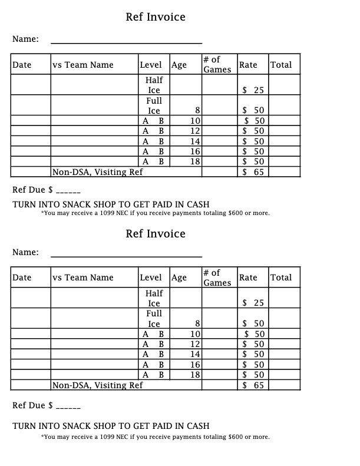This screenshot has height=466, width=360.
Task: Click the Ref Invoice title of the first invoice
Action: tap(156, 17)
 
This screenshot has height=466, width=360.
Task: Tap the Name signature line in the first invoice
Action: tap(126, 42)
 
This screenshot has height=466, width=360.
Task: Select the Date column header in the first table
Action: tap(22, 65)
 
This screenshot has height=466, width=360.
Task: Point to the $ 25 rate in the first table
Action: tap(253, 90)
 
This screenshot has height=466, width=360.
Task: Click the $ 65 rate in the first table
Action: tap(253, 172)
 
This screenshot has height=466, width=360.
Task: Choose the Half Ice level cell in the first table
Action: tap(154, 85)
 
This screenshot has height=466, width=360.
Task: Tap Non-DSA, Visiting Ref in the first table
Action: tap(98, 172)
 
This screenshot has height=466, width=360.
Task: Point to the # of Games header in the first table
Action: tap(217, 64)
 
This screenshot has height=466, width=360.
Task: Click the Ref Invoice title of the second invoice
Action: tap(156, 234)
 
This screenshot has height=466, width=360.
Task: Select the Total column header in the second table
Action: tap(280, 277)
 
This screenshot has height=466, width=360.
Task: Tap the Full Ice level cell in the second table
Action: tap(154, 319)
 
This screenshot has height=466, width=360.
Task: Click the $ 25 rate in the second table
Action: tap(253, 303)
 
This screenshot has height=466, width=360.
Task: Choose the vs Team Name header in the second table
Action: tap(83, 277)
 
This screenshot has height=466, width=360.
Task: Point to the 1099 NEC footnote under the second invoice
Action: tap(156, 437)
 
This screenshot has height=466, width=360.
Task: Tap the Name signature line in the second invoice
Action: tap(126, 256)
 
